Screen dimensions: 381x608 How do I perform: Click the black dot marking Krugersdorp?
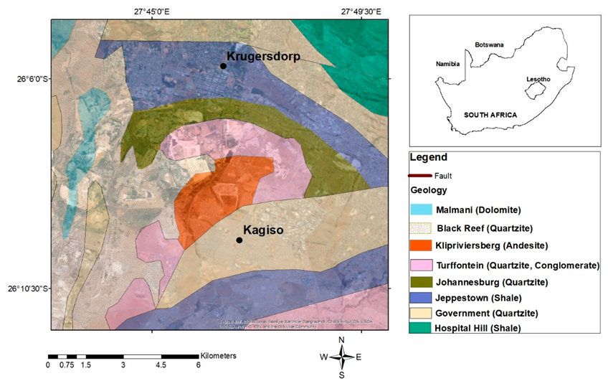[x=223, y=66]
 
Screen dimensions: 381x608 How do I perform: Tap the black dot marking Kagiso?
[x=239, y=240]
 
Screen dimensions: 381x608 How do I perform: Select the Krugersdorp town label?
[x=263, y=55]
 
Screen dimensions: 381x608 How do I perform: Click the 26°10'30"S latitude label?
[x=25, y=289]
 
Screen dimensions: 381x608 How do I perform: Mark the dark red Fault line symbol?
[x=419, y=176]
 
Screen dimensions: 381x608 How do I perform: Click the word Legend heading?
[x=428, y=157]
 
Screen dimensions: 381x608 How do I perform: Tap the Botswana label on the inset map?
[x=489, y=44]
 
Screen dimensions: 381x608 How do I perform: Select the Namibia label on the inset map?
[x=447, y=64]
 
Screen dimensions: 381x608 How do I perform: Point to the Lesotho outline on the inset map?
[x=536, y=91]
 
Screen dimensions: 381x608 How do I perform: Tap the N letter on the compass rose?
[x=342, y=339]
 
